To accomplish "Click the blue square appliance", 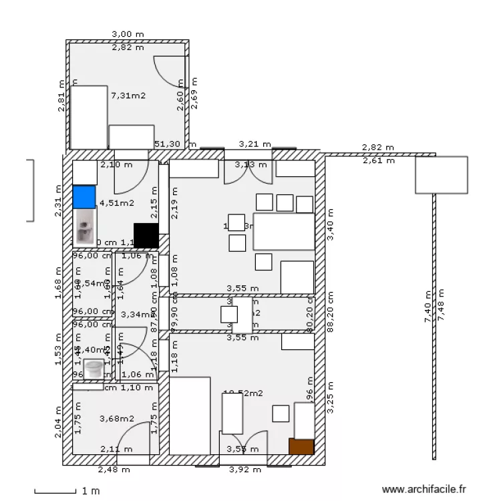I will click(84, 196).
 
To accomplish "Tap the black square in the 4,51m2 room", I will click(146, 235).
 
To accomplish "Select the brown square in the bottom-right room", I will click(301, 447).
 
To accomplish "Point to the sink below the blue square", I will click(85, 228).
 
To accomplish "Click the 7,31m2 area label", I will click(128, 96).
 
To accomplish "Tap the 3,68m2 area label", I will click(116, 419).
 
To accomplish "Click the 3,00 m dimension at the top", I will click(128, 34).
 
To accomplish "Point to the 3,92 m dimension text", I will click(244, 470).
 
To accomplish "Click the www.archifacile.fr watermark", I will click(422, 490).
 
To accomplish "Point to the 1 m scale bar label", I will click(91, 491).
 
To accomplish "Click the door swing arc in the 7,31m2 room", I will click(167, 70).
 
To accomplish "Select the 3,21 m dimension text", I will click(255, 144).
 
